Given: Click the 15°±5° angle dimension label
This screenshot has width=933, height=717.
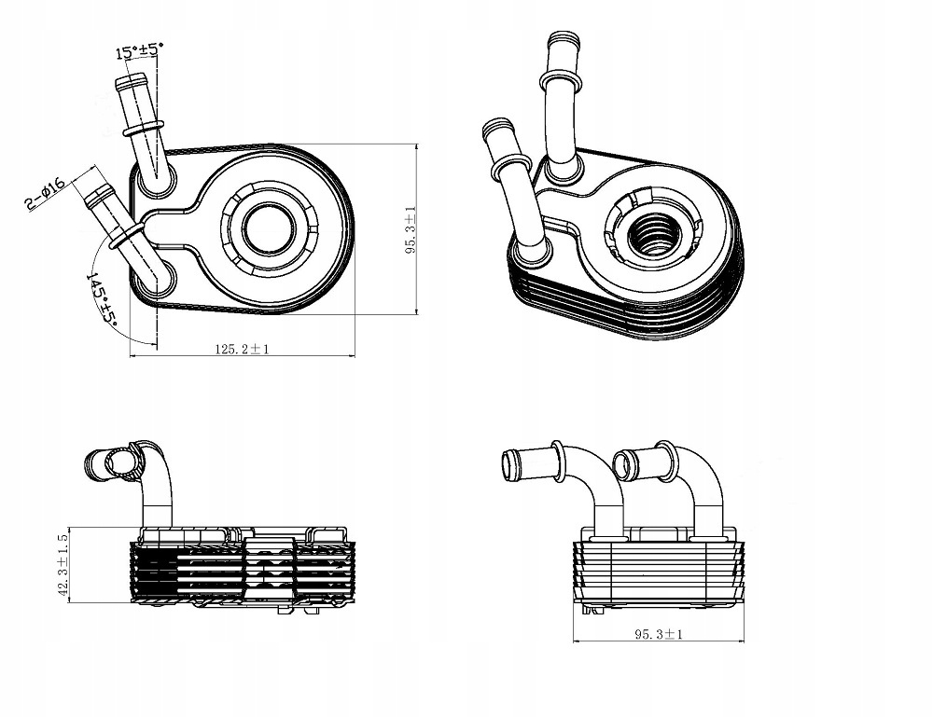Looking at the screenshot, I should tap(140, 50).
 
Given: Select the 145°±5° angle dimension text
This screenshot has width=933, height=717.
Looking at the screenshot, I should tap(102, 299).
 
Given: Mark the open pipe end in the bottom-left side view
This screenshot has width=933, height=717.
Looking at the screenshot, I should tap(118, 462).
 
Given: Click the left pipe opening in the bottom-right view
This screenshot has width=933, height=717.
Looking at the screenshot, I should tap(509, 462).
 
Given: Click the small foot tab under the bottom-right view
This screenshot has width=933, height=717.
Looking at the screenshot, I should tap(591, 610).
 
